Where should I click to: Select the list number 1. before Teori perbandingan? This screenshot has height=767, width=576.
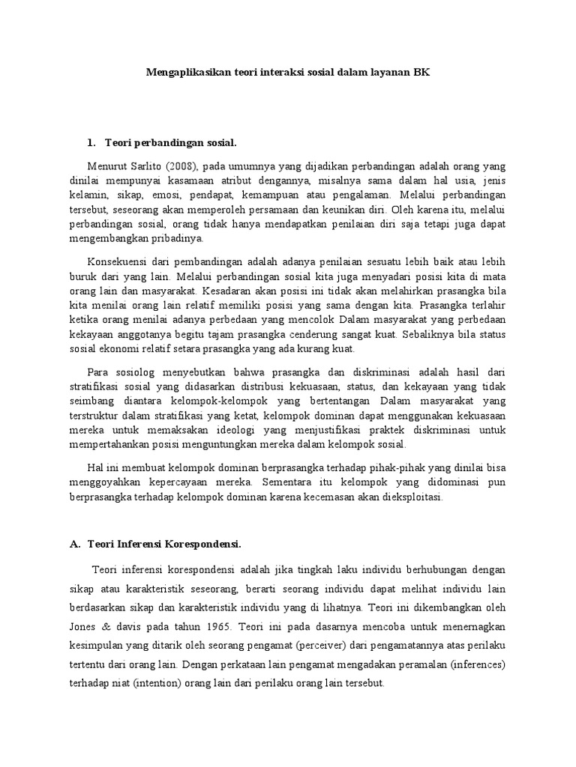92,142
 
